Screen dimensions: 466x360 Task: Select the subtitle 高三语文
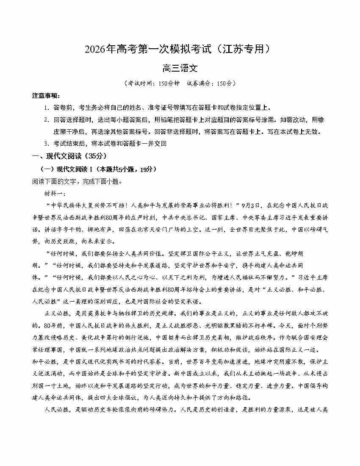click(x=180, y=68)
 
